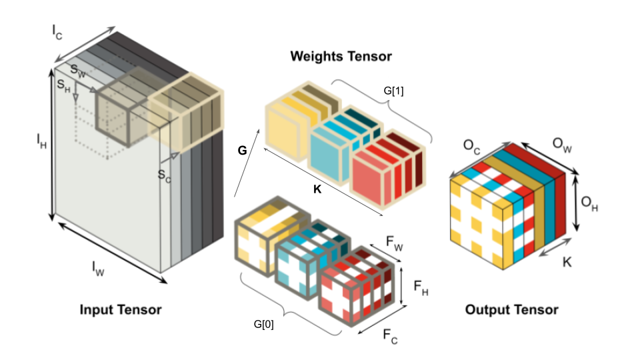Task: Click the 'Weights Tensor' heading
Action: [x=341, y=56]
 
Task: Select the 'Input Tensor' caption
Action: [x=121, y=310]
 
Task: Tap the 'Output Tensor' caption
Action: [x=511, y=310]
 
